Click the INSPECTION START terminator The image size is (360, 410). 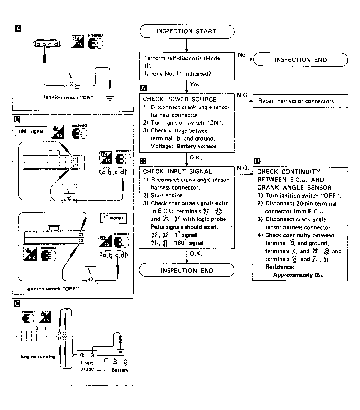187,31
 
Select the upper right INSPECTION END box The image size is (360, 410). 301,60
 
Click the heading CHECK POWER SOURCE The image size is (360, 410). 180,99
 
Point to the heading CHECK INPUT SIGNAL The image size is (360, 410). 177,172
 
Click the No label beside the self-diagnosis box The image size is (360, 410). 241,55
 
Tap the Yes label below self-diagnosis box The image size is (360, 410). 195,85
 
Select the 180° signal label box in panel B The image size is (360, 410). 31,131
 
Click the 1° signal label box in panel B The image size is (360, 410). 113,218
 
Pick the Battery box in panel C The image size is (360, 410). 120,368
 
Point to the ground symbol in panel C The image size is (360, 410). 120,350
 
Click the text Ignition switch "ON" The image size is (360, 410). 69,97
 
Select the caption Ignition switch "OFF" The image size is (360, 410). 53,289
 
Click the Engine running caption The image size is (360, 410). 38,357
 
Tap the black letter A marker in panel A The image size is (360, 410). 18,29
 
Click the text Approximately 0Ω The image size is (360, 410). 298,275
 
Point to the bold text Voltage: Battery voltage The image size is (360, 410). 184,146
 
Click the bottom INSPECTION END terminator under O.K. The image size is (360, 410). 187,270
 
